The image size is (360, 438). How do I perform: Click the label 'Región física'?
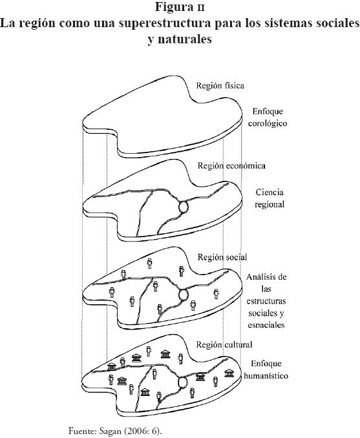click(220, 85)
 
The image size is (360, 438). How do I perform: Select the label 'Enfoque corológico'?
click(268, 118)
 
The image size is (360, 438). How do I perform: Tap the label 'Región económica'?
click(231, 165)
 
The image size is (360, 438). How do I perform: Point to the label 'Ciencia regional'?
click(270, 198)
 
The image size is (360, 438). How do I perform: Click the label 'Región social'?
click(222, 257)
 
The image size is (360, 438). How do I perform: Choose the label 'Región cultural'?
click(224, 345)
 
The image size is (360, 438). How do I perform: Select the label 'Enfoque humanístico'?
click(266, 370)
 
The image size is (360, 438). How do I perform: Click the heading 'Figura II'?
click(180, 7)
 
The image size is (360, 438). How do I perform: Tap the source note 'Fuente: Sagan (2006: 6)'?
click(115, 430)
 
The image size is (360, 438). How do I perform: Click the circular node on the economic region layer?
click(184, 207)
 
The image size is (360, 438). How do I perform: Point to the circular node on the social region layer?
click(184, 295)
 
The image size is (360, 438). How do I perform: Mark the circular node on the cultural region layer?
click(183, 382)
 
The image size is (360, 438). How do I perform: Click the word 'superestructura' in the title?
click(164, 23)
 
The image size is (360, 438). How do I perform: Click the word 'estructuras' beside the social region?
click(266, 301)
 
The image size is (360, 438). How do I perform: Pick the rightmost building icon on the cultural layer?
click(229, 373)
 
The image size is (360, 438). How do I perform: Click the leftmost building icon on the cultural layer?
click(112, 367)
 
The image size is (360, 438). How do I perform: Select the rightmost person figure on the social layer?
click(217, 294)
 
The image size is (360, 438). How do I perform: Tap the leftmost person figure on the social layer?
click(112, 293)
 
